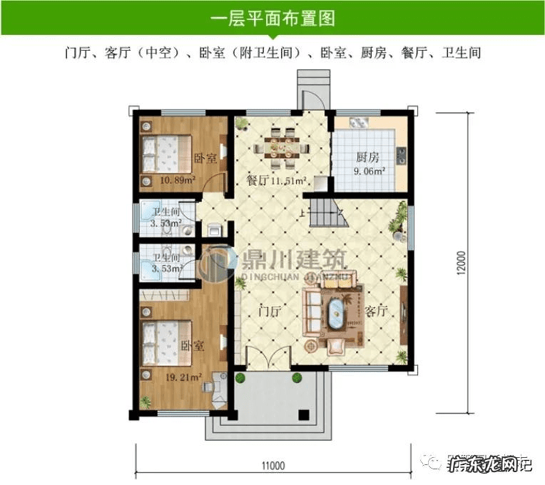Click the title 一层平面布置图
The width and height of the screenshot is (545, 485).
pos(272,18)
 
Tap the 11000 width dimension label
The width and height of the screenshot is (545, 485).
pos(272,466)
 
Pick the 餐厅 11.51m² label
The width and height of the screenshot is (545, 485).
pos(277,181)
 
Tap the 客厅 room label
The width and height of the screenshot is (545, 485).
pos(375,311)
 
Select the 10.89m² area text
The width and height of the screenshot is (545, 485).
pos(177,181)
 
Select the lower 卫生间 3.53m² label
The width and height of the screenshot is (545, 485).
pos(165,263)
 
